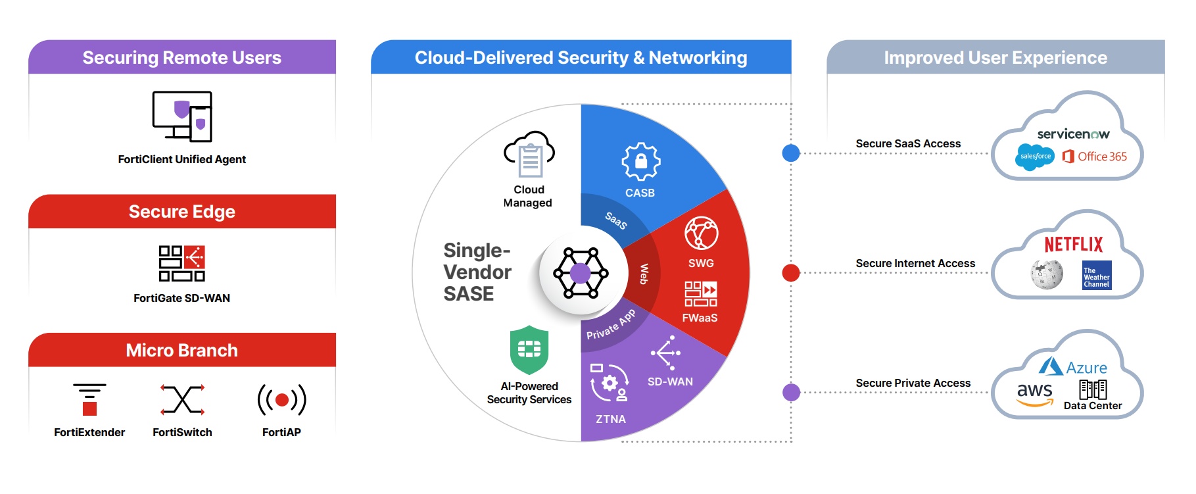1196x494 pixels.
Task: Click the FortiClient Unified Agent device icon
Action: click(182, 116)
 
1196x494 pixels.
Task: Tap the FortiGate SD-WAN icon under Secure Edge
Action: click(182, 263)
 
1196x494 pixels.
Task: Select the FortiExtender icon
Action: click(89, 399)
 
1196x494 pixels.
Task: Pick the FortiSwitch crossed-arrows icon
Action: click(182, 399)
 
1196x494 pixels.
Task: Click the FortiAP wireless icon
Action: click(281, 399)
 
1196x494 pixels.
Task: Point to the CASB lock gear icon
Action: click(640, 161)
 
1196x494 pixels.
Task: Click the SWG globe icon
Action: click(701, 233)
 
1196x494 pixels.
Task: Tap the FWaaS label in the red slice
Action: click(700, 318)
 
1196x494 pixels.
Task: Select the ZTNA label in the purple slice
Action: click(610, 419)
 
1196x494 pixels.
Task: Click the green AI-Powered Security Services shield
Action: click(529, 349)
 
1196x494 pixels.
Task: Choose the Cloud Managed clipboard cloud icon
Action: click(529, 155)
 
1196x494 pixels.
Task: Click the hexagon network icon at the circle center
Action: click(580, 273)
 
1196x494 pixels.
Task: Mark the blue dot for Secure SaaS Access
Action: click(791, 153)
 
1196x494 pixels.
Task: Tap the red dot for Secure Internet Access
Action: click(791, 272)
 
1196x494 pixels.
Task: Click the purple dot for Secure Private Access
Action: click(791, 393)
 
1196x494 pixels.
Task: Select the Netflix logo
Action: click(1073, 245)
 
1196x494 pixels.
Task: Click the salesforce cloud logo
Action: click(1035, 157)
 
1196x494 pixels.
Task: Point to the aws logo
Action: click(1035, 393)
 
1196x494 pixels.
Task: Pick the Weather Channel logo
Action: click(1097, 275)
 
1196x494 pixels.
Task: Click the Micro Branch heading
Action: click(182, 350)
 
